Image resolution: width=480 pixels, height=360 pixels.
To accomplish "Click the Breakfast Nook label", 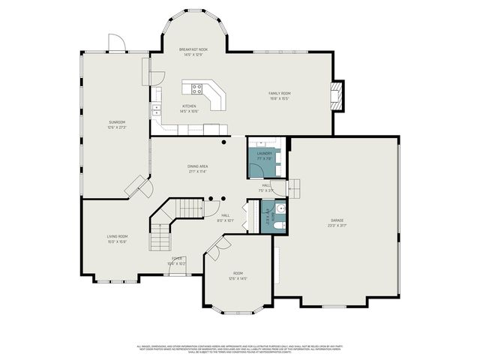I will [x=193, y=49].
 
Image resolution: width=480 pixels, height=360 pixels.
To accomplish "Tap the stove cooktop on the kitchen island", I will [x=197, y=88].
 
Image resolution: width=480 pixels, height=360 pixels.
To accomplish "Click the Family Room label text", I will [x=279, y=94].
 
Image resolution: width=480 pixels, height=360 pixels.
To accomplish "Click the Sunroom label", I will [x=117, y=121].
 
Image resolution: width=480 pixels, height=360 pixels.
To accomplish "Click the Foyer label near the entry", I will [x=177, y=259].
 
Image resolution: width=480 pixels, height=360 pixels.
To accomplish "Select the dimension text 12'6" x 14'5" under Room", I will [x=238, y=278].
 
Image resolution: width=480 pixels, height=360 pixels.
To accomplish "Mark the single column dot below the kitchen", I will [x=223, y=141].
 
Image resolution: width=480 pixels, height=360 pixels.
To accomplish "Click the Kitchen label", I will [x=189, y=106].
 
